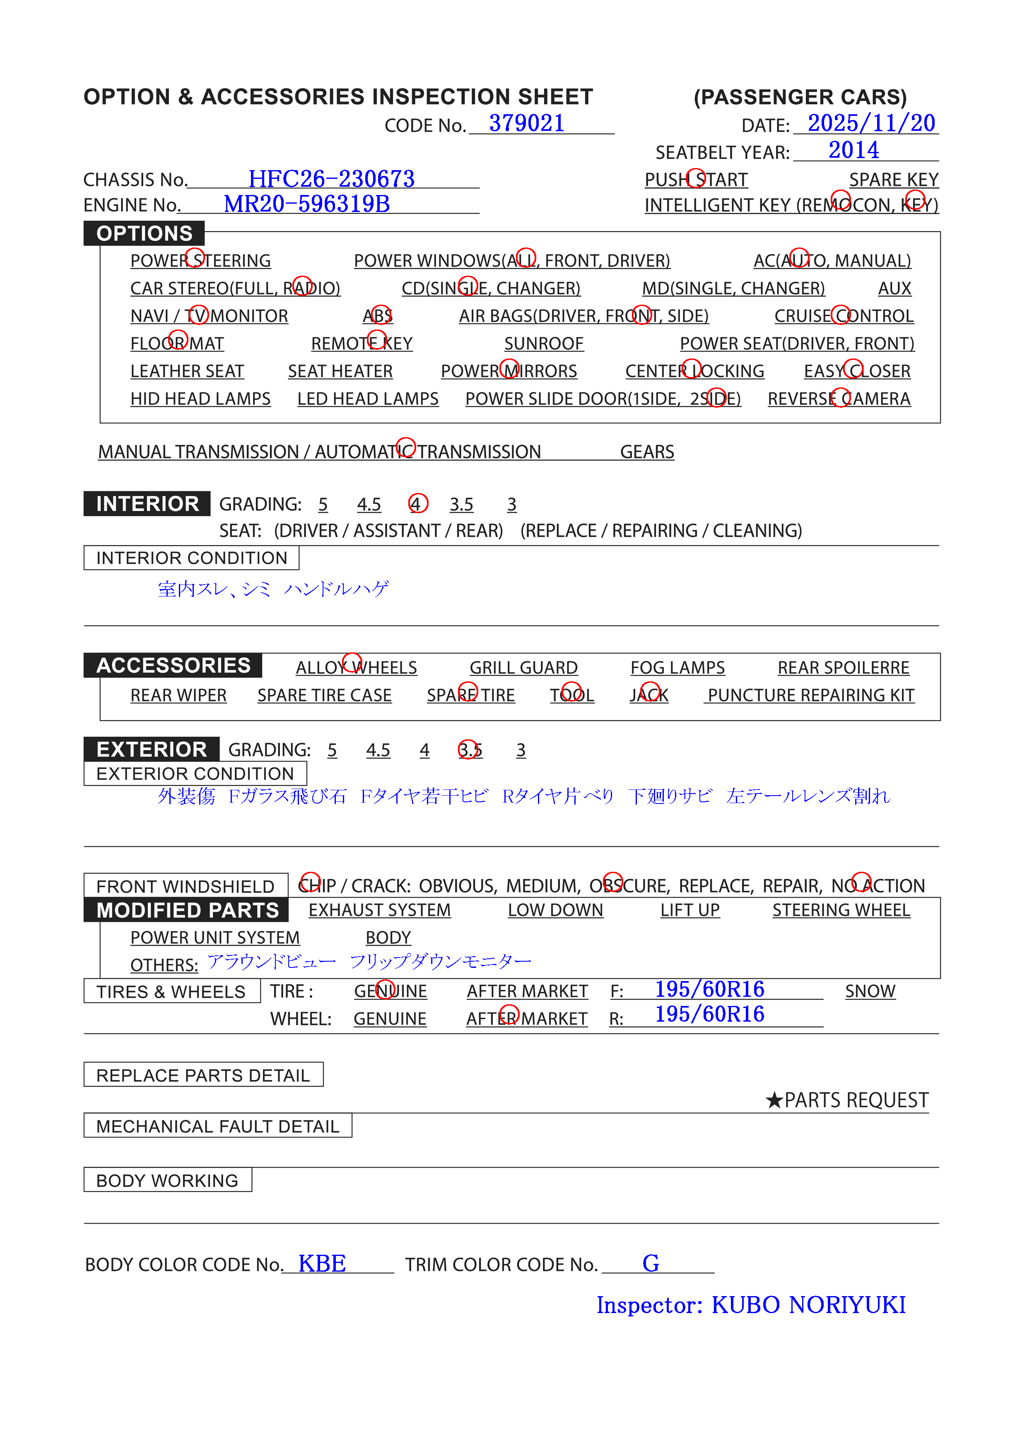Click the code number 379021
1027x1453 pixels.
tap(526, 123)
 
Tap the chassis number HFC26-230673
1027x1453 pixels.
tap(331, 179)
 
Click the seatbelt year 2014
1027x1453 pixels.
tap(853, 151)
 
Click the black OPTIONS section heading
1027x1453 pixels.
tap(145, 233)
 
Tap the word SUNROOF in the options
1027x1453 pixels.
tap(543, 344)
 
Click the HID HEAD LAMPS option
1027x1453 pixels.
tap(200, 399)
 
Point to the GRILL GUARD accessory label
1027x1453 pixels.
tap(523, 668)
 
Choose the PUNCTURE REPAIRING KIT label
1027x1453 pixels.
tap(810, 695)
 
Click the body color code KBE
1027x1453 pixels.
tap(322, 1264)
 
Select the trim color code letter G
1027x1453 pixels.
tap(650, 1264)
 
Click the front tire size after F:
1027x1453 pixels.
tap(709, 989)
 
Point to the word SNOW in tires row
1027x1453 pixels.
tap(870, 991)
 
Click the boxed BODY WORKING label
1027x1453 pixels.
tap(167, 1180)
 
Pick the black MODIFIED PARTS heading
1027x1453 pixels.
tap(188, 910)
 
